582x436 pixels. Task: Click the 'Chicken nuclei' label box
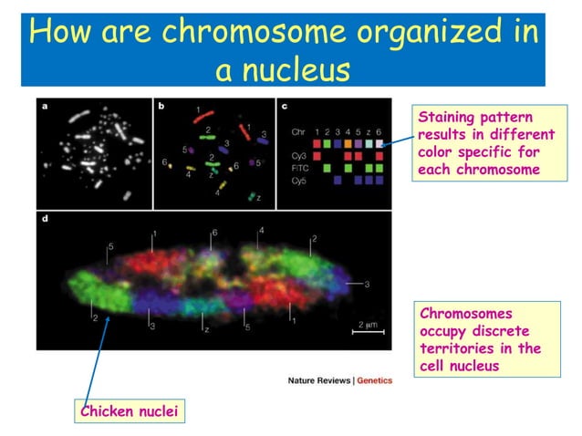[127, 412]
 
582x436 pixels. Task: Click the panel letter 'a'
[46, 107]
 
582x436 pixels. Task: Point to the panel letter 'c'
[286, 107]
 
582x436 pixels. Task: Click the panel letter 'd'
[46, 221]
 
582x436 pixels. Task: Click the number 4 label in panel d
[261, 231]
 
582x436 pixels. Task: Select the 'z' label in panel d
[207, 329]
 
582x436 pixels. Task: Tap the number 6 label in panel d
[214, 233]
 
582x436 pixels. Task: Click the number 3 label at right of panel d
[367, 285]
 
